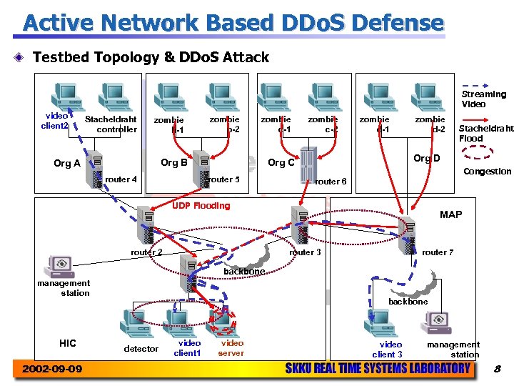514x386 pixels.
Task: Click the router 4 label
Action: pyautogui.click(x=121, y=179)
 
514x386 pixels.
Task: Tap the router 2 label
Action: pyautogui.click(x=146, y=252)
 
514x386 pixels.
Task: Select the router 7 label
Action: pyautogui.click(x=437, y=252)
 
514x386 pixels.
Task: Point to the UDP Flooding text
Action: pyautogui.click(x=202, y=206)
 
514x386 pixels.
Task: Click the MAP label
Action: pyautogui.click(x=450, y=214)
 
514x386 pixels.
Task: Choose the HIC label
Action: pyautogui.click(x=68, y=343)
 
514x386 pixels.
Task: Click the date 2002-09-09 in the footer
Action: pyautogui.click(x=52, y=369)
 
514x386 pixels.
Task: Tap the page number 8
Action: pyautogui.click(x=498, y=369)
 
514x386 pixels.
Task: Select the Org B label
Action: pyautogui.click(x=173, y=162)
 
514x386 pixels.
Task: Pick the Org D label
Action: pyautogui.click(x=427, y=158)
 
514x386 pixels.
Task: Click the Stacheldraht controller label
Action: pyautogui.click(x=111, y=124)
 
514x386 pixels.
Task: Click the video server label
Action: pyautogui.click(x=231, y=348)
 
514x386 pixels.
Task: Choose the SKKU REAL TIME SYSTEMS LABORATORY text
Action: pyautogui.click(x=378, y=369)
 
